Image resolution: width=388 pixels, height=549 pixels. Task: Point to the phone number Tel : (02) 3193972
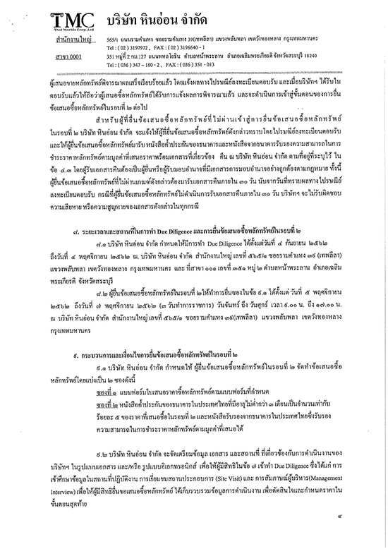point(130,49)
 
